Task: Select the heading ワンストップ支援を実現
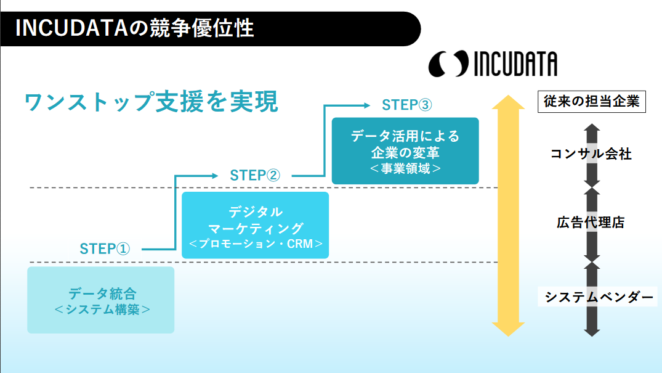coord(151,102)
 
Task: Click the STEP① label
coord(105,249)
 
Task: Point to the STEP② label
coord(255,175)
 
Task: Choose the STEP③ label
coord(407,105)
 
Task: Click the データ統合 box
coord(101,300)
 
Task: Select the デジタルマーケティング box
coord(256,224)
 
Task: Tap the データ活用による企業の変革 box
coord(405,150)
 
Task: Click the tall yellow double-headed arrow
coord(508,216)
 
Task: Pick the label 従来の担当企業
coord(592,102)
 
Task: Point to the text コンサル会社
coord(591,154)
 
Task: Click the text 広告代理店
coord(591,223)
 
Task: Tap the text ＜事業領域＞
coord(405,168)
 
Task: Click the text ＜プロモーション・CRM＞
coord(256,244)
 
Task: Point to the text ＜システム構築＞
coord(102,309)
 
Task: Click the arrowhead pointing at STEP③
coord(366,105)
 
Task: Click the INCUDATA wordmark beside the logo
coord(515,64)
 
